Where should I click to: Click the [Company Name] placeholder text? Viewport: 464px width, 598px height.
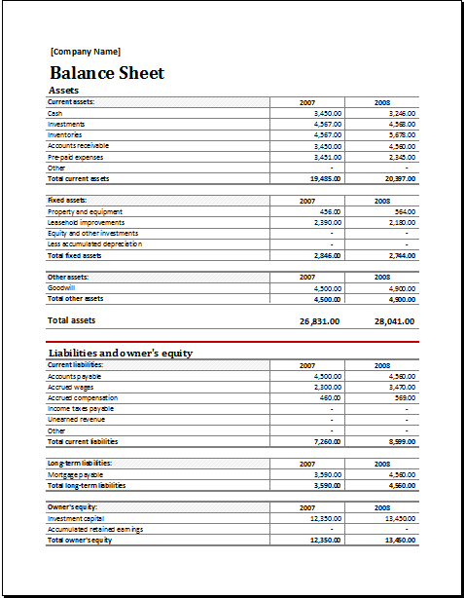[86, 52]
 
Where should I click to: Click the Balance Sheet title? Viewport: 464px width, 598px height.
[106, 73]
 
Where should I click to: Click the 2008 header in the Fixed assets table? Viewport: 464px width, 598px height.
[382, 200]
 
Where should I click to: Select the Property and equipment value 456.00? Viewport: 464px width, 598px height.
[330, 211]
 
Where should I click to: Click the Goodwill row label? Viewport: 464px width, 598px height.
[61, 288]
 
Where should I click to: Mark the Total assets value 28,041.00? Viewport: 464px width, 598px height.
[395, 320]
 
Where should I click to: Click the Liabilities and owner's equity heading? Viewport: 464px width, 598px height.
[121, 353]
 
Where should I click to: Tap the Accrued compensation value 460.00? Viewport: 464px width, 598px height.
[330, 397]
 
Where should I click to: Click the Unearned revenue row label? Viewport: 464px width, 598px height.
[76, 420]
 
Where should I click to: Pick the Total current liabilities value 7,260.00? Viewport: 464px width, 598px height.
[326, 441]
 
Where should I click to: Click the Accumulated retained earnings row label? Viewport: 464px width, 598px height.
[93, 529]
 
